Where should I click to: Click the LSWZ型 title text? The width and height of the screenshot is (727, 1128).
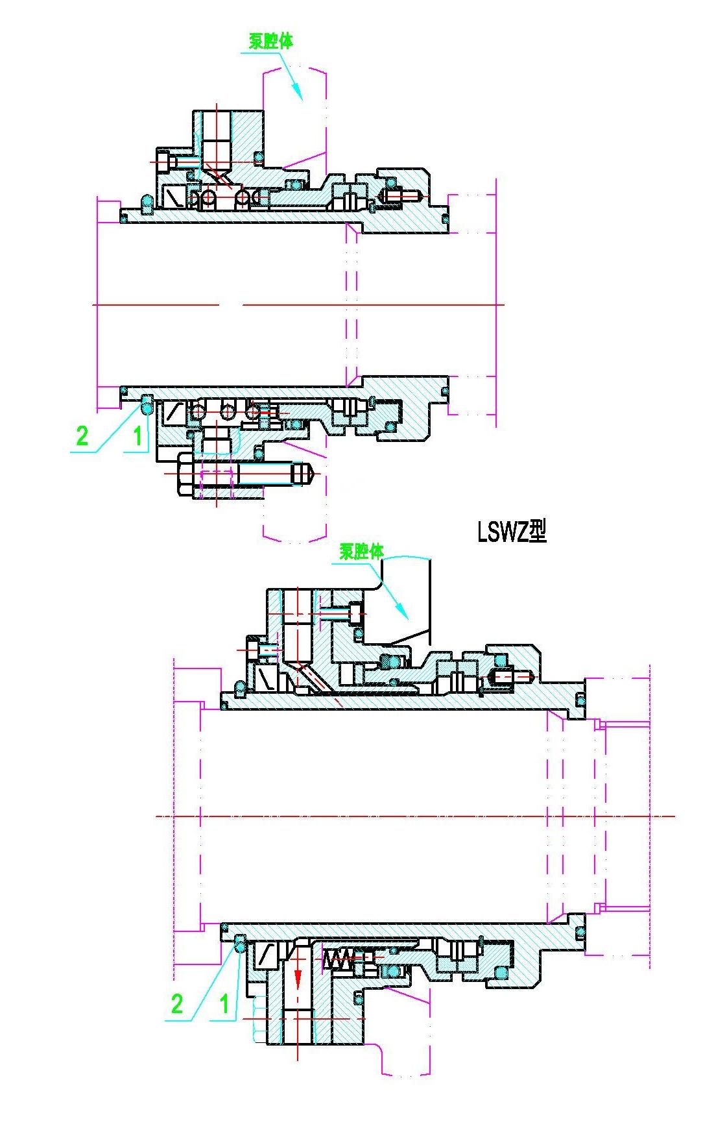(x=512, y=532)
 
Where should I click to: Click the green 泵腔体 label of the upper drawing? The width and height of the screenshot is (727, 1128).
(x=271, y=41)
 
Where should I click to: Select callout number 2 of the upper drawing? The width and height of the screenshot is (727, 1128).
(x=82, y=435)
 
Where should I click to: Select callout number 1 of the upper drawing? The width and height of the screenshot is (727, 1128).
(x=137, y=435)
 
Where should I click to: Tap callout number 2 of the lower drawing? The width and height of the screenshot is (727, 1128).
(x=176, y=1004)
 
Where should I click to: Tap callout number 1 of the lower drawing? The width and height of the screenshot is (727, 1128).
(x=224, y=1004)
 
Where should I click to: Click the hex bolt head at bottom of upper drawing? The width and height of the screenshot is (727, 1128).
(x=184, y=475)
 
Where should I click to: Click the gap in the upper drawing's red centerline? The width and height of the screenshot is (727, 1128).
(x=230, y=304)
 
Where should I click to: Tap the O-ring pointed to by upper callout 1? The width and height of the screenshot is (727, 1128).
(x=147, y=408)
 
